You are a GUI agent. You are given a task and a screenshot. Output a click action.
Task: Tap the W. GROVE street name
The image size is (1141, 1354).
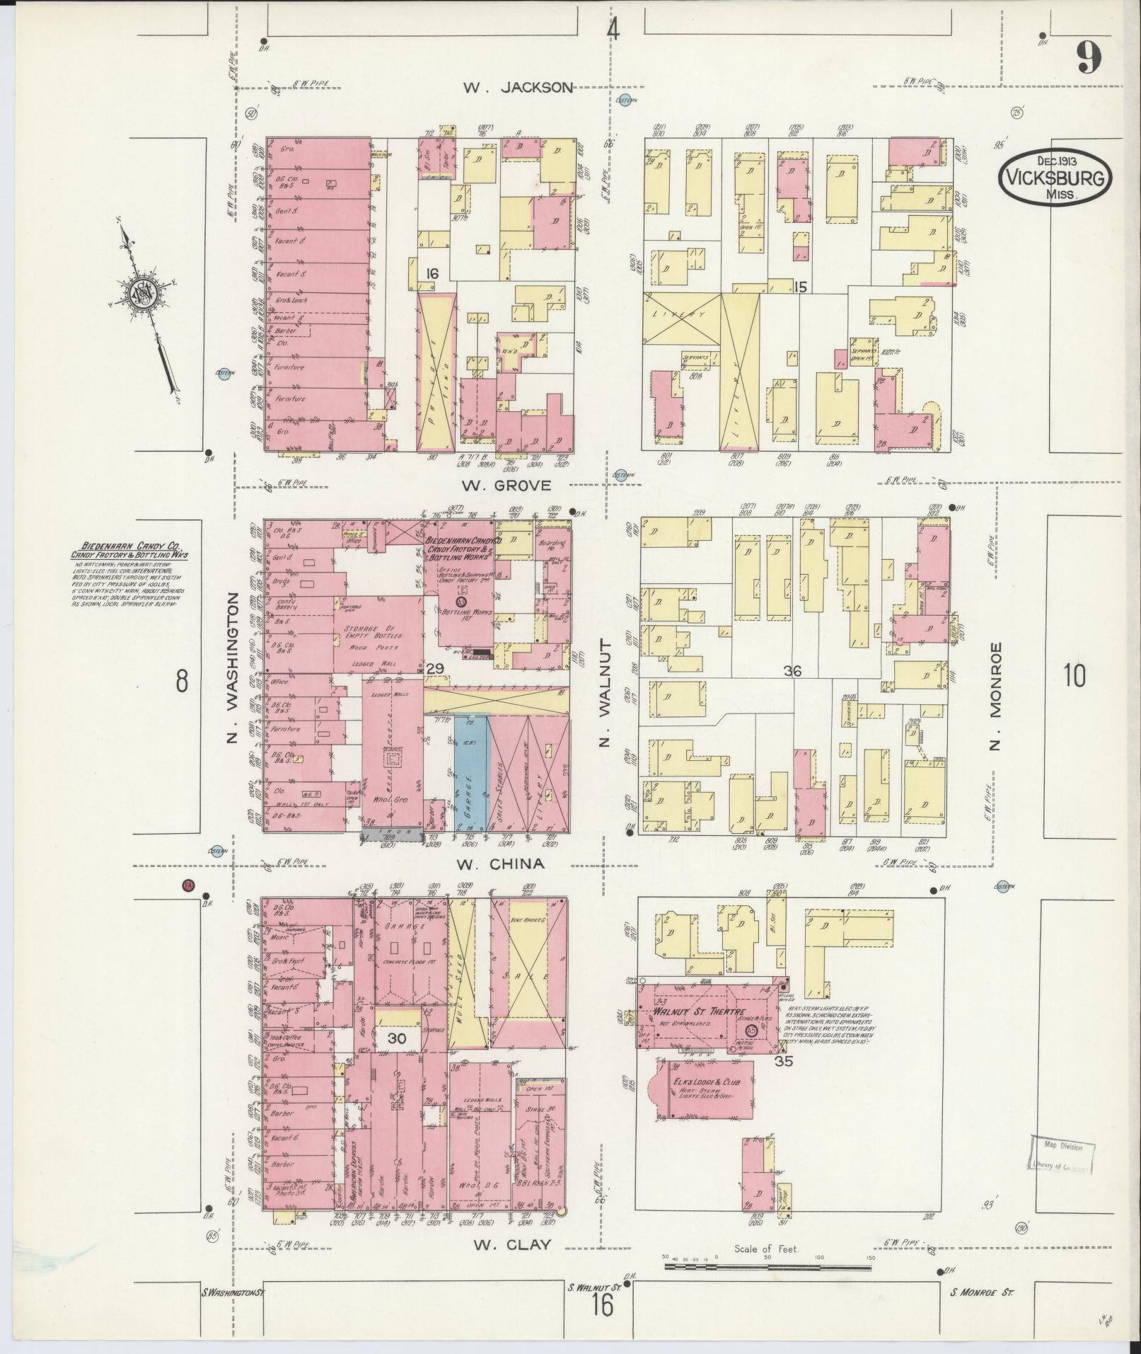click(506, 486)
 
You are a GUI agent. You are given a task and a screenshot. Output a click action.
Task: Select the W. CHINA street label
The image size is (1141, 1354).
click(500, 864)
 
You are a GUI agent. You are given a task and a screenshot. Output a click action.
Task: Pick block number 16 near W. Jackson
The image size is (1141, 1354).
click(432, 272)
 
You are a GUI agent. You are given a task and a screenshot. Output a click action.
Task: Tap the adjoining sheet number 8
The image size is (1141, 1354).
click(182, 682)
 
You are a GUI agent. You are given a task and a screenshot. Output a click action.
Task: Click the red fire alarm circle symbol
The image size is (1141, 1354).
click(188, 885)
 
